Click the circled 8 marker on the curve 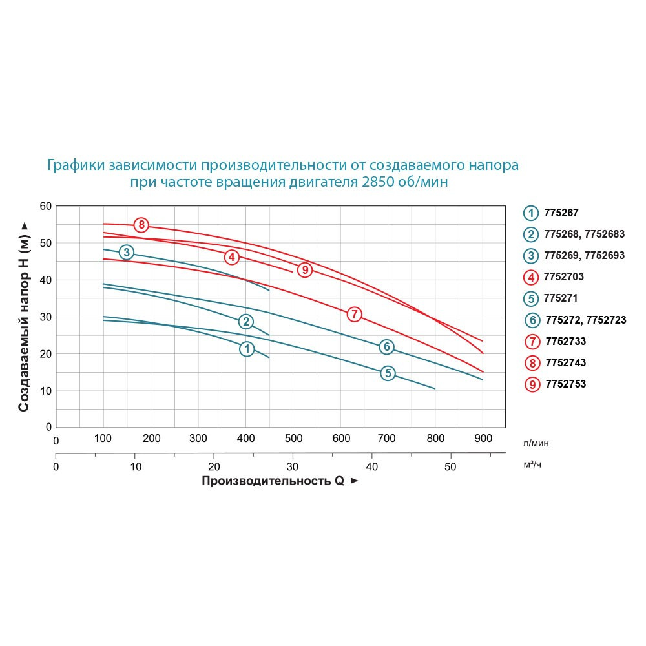tap(141, 225)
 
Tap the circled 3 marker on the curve tap(127, 252)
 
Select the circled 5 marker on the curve tap(387, 373)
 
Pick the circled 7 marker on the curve tap(353, 315)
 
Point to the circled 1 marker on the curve tap(247, 349)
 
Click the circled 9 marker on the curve tap(305, 270)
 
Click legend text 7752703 tap(565, 276)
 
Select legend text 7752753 tap(565, 384)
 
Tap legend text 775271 tap(561, 298)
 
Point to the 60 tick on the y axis tap(45, 206)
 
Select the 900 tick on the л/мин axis tap(483, 439)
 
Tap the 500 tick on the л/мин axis tap(293, 439)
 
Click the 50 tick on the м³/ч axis tap(450, 466)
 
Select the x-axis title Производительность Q tap(273, 481)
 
